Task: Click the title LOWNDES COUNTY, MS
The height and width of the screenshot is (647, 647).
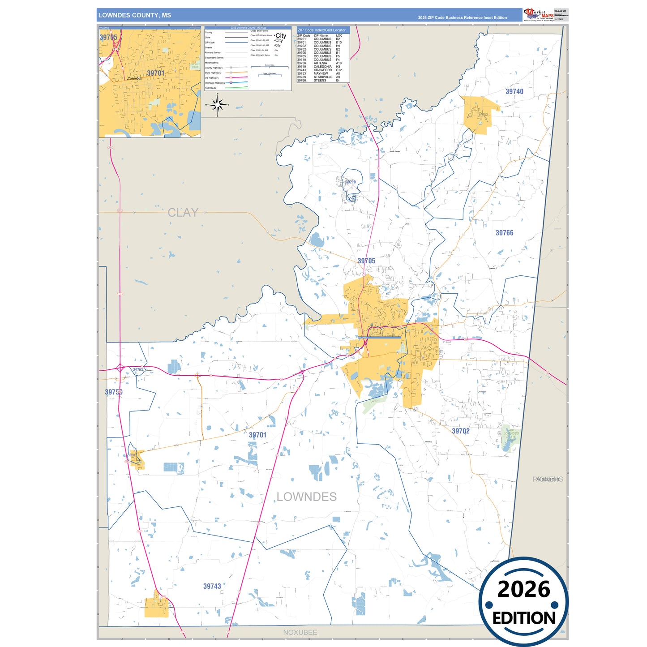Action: click(134, 15)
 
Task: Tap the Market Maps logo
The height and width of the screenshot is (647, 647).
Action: click(539, 15)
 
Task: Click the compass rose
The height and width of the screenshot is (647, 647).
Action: click(218, 105)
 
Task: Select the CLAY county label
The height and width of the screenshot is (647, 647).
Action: click(183, 213)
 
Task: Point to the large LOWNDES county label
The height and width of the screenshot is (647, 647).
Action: click(306, 497)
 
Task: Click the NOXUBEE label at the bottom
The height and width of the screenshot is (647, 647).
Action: click(300, 632)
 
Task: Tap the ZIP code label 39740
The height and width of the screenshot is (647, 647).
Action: click(514, 91)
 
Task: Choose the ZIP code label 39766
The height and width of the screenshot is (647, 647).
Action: click(504, 233)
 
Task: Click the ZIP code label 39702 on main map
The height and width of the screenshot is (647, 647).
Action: click(460, 431)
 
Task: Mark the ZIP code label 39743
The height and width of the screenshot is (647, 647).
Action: click(212, 586)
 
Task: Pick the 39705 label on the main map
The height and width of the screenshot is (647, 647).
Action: click(366, 261)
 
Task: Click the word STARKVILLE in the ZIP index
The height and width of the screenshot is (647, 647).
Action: click(323, 77)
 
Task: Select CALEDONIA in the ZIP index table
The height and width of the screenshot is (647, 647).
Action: click(323, 67)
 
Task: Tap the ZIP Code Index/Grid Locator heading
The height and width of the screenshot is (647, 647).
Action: click(321, 30)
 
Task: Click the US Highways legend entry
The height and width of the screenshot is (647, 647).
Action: click(212, 78)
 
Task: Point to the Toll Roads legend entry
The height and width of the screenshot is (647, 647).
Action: click(210, 88)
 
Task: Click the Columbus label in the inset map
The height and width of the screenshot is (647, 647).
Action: click(134, 78)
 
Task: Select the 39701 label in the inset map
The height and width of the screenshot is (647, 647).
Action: click(156, 73)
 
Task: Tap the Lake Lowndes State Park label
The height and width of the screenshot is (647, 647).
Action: click(511, 433)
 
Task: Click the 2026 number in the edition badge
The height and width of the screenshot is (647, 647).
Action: click(523, 589)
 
